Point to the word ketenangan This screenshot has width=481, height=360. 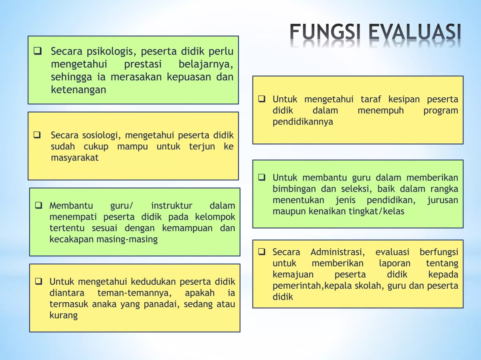[79, 90]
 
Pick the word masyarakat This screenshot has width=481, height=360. [75, 158]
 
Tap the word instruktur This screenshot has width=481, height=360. [172, 206]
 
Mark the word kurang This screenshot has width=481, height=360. [63, 315]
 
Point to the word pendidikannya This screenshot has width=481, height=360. [303, 122]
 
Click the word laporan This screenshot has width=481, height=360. [395, 263]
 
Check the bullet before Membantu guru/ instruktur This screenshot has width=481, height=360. [38, 206]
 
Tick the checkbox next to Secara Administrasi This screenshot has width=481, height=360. [262, 252]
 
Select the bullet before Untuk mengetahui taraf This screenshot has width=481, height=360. [262, 99]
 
